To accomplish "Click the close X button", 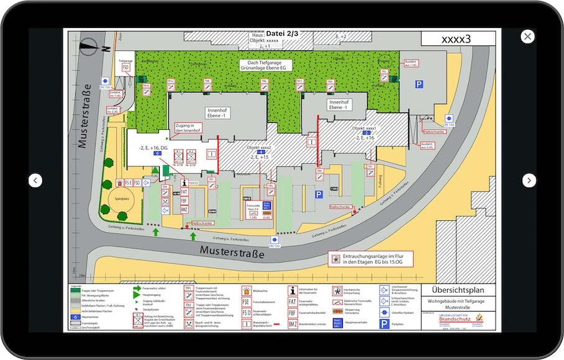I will (x=527, y=37).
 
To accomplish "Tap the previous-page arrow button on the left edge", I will (x=36, y=181).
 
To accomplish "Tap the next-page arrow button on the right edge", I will (x=528, y=181).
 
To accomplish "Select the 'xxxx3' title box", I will (x=456, y=38).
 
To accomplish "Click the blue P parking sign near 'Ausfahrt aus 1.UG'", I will (x=419, y=84).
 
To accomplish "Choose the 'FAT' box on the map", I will (x=184, y=192).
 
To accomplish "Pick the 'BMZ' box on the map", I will (x=184, y=210).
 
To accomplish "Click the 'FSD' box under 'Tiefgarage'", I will (x=125, y=67).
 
